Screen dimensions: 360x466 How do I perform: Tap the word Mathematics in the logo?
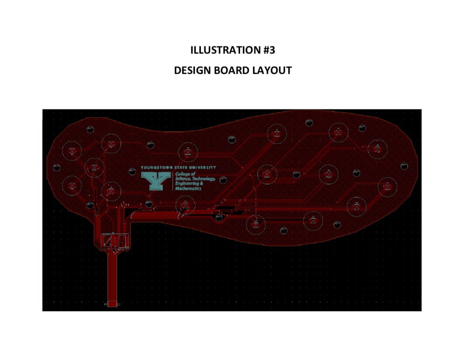point(188,189)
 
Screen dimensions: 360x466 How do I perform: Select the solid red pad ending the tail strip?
point(112,304)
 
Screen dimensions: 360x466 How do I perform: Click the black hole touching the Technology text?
point(223,179)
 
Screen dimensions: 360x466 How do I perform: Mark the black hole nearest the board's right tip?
point(404,165)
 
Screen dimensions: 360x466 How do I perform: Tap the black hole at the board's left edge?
point(57,167)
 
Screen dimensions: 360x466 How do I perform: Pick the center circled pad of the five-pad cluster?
point(94,167)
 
